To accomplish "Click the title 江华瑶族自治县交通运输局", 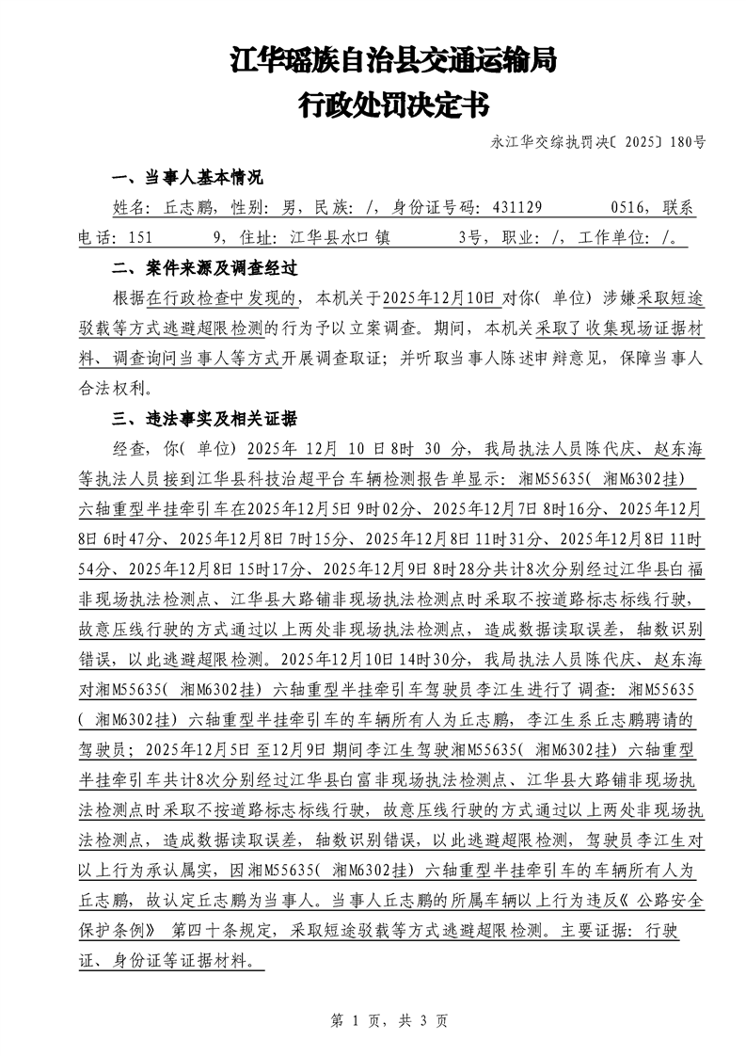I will [x=393, y=62].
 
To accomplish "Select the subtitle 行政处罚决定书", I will [x=393, y=105].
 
